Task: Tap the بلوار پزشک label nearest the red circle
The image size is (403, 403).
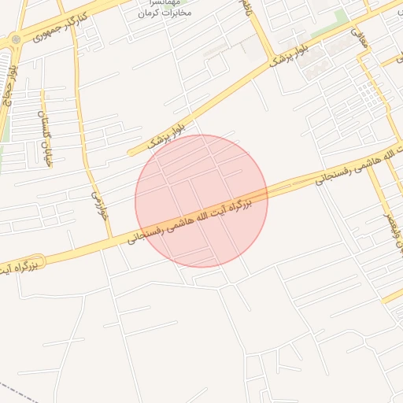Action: (x=168, y=136)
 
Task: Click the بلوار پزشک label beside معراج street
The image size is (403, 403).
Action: (x=287, y=57)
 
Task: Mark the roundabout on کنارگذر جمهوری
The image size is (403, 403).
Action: (x=14, y=40)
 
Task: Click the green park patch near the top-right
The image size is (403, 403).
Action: (x=341, y=19)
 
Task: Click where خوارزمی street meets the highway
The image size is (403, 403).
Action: (x=109, y=237)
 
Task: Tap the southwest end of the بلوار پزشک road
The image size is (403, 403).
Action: (x=131, y=153)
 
